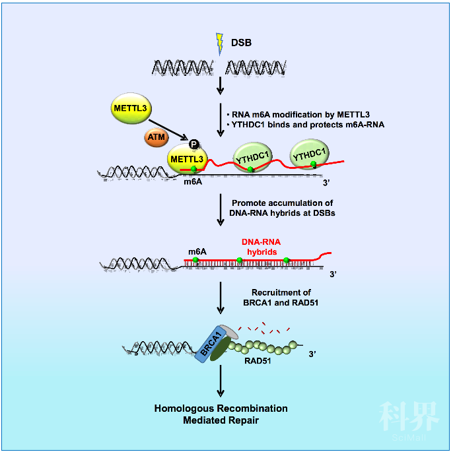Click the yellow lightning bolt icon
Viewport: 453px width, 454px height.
coord(221,44)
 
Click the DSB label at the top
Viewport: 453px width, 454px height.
coord(241,44)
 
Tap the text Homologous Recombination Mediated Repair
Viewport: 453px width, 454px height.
coord(221,414)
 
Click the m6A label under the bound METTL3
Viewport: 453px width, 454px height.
coord(193,182)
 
